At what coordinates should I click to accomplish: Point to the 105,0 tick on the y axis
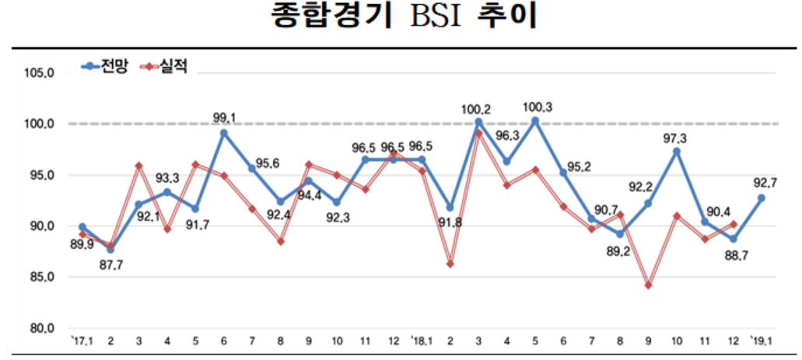pos(37,73)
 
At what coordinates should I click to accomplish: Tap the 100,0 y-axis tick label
pos(37,124)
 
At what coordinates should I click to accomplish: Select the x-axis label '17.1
pos(80,341)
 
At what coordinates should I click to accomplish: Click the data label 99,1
pos(225,117)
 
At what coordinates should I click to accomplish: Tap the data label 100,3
pos(538,107)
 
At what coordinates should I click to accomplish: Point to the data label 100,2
pos(478,109)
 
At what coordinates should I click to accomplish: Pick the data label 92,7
pos(760,184)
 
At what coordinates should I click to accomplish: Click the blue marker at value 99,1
pos(224,133)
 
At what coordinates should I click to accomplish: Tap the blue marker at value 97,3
pos(677,152)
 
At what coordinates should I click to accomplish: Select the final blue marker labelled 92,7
pos(761,198)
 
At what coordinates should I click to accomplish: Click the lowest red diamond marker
pos(648,285)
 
